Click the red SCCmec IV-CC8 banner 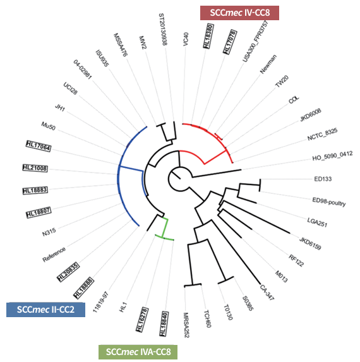(239, 13)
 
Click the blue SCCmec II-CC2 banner (45, 310)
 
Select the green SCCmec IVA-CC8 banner (138, 352)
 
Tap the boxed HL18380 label (208, 36)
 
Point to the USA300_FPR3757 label (255, 41)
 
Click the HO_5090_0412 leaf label (333, 156)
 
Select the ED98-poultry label (329, 202)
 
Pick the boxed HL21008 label (35, 168)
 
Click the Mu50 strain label (49, 126)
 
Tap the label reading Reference (54, 255)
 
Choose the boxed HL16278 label (142, 320)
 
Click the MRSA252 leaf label (186, 325)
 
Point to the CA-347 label (267, 293)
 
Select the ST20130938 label (163, 29)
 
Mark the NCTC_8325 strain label (322, 135)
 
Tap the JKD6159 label (310, 243)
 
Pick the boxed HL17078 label (230, 42)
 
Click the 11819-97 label (100, 302)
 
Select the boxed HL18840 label (164, 324)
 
